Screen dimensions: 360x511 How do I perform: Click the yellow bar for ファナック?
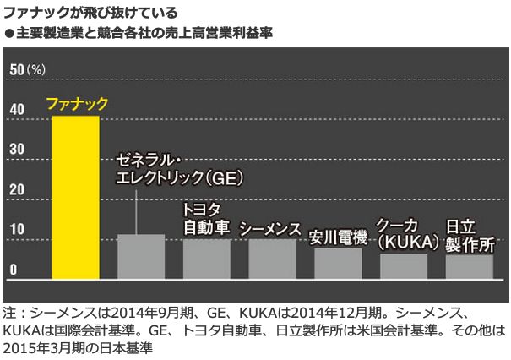[x=75, y=198]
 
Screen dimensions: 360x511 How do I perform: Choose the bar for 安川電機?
[x=338, y=263]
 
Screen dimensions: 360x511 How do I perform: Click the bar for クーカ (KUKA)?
[x=404, y=265]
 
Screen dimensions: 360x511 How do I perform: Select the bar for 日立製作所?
[x=469, y=266]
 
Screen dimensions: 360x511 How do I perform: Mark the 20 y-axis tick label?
[x=15, y=189]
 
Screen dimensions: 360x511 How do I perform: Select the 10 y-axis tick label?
[x=15, y=230]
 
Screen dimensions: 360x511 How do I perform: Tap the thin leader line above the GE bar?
[x=136, y=211]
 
